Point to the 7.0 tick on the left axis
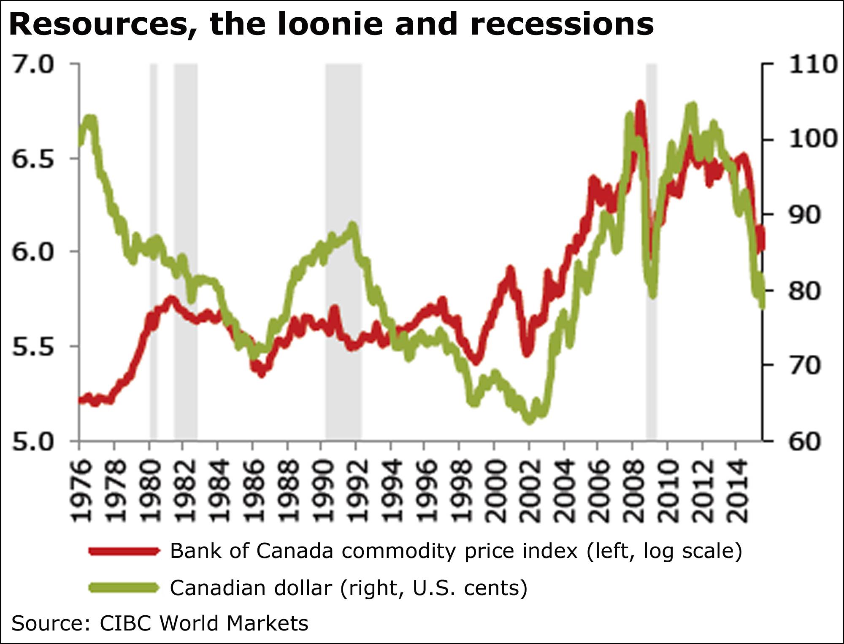pyautogui.click(x=33, y=65)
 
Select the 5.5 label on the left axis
pyautogui.click(x=33, y=347)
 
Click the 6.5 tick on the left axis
pyautogui.click(x=33, y=159)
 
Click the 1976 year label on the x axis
pyautogui.click(x=80, y=492)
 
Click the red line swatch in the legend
pyautogui.click(x=124, y=551)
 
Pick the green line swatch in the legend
pyautogui.click(x=124, y=587)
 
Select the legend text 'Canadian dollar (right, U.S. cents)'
pyautogui.click(x=349, y=587)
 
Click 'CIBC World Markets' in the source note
pyautogui.click(x=204, y=623)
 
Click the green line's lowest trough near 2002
pyautogui.click(x=529, y=420)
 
